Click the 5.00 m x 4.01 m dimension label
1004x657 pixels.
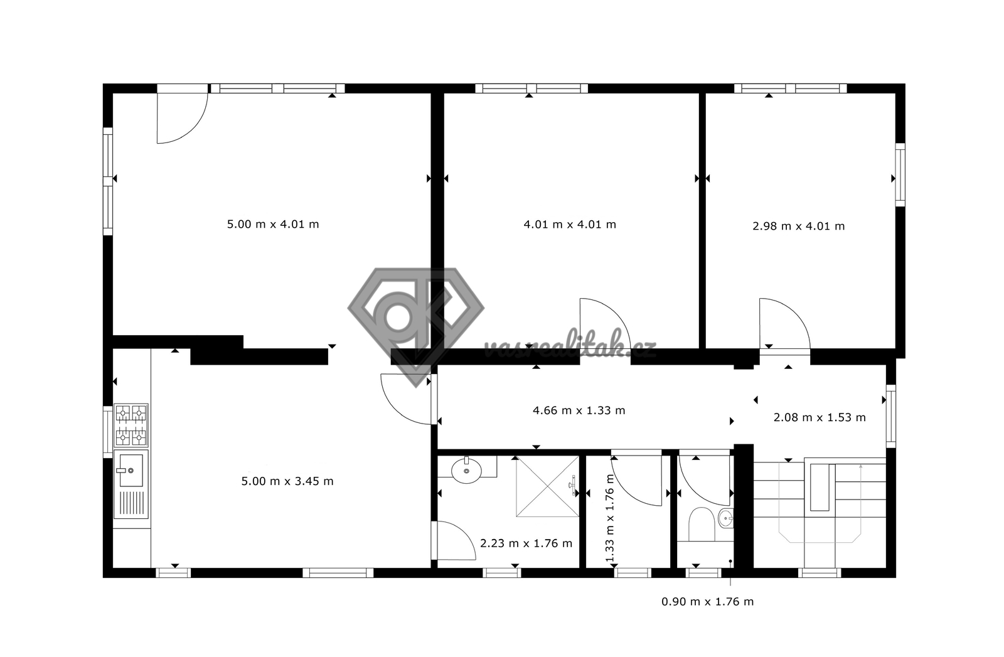273,224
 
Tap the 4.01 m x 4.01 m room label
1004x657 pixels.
570,224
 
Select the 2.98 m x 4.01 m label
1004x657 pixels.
798,226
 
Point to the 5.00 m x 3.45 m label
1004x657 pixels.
287,481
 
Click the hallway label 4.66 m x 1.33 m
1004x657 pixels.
579,410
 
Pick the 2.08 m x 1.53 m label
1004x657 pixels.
820,418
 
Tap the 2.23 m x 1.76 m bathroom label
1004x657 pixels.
526,543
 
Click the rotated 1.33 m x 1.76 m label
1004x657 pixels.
609,518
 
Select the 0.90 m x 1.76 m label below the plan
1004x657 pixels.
707,602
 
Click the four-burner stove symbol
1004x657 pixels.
131,425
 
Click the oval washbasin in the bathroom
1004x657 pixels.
467,471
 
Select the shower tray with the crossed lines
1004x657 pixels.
547,486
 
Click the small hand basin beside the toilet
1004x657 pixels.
725,519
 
